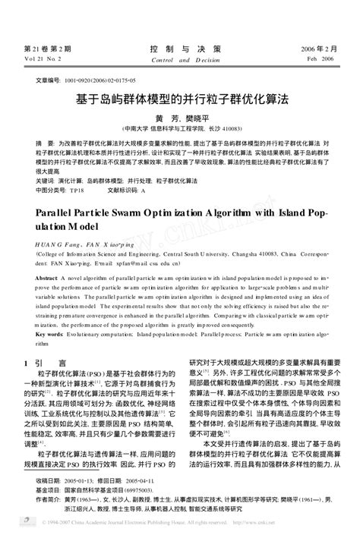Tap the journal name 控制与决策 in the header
pyautogui.click(x=179, y=48)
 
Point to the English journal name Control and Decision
pyautogui.click(x=179, y=58)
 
